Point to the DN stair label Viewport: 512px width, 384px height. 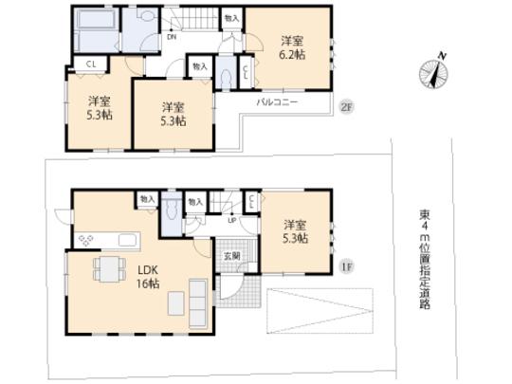pos(172,39)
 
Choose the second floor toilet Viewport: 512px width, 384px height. pos(224,78)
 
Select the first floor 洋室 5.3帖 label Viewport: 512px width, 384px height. pos(296,232)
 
